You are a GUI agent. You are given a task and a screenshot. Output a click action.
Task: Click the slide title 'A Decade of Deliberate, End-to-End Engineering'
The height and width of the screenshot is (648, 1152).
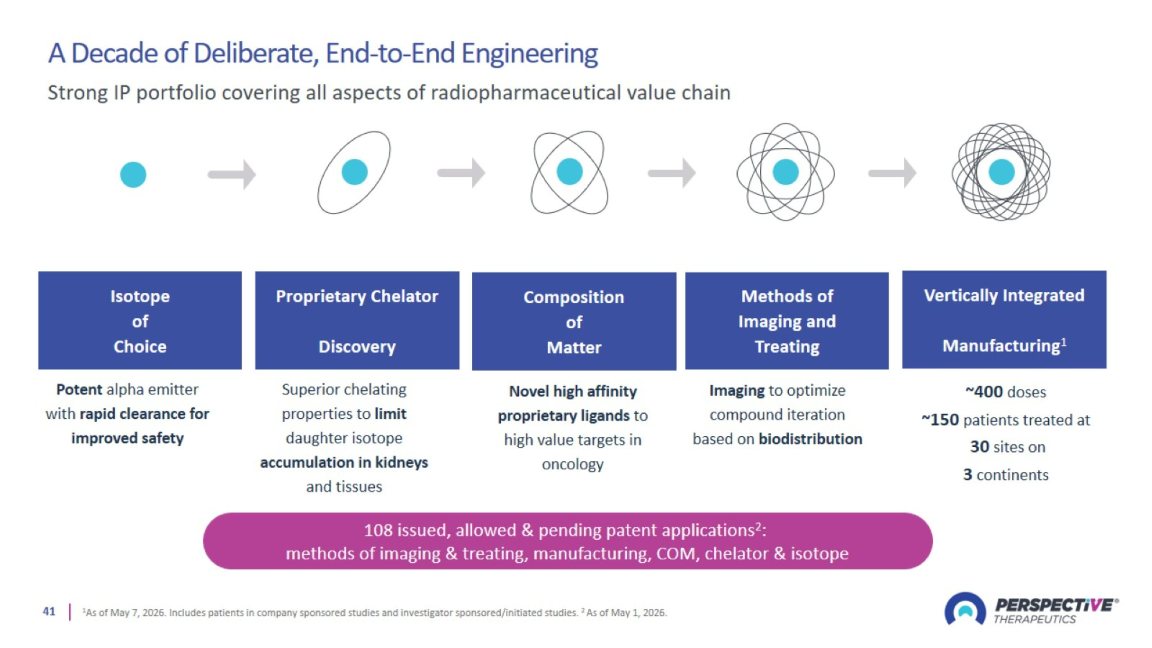click(323, 53)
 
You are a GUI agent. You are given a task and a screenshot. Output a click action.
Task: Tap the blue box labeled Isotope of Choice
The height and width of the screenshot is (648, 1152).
click(140, 320)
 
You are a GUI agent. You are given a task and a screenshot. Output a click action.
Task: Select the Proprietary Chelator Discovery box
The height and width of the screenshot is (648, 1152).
click(358, 320)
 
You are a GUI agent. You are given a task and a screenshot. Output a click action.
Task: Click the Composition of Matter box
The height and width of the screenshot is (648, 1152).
click(574, 321)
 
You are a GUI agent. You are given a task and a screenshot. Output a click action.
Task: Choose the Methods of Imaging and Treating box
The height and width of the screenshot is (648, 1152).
click(787, 321)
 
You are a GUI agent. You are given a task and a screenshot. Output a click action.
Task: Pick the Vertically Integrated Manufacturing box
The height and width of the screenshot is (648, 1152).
click(1005, 320)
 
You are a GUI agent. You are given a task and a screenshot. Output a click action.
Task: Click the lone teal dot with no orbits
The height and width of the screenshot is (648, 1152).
click(133, 174)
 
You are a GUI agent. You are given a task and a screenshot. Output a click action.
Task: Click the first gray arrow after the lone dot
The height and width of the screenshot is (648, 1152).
click(232, 174)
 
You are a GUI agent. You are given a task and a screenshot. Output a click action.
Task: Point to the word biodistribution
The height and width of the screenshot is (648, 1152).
click(810, 439)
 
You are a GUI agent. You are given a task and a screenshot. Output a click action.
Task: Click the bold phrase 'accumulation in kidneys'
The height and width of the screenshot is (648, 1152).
click(344, 462)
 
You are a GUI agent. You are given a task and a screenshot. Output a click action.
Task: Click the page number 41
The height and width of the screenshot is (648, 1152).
click(49, 612)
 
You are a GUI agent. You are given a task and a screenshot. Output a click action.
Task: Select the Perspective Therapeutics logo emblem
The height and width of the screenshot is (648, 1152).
click(965, 609)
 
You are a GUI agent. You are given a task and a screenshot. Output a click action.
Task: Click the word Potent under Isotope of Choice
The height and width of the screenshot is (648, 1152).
click(79, 389)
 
